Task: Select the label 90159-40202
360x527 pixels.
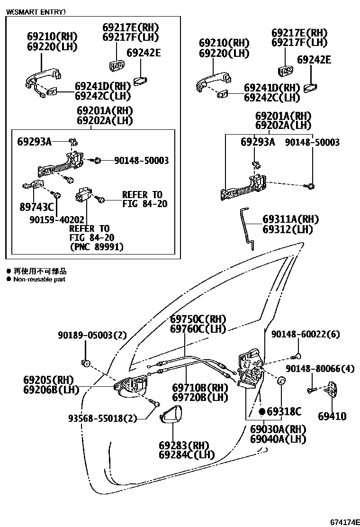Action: click(x=57, y=220)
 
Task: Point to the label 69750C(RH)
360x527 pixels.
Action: click(x=198, y=319)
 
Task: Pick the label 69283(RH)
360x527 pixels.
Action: click(x=184, y=445)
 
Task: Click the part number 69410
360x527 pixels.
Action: click(x=332, y=417)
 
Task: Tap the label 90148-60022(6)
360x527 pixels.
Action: click(x=312, y=335)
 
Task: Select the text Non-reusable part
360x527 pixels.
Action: click(x=39, y=280)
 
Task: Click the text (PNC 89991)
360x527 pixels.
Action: click(x=97, y=246)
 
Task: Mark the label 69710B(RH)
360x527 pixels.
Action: click(x=200, y=388)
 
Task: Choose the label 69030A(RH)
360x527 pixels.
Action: click(x=278, y=429)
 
